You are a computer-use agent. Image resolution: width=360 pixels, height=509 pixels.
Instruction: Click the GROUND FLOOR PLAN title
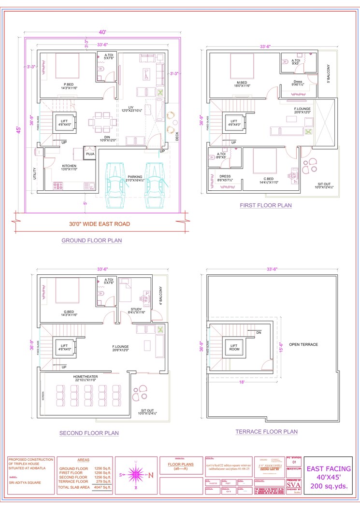(91, 240)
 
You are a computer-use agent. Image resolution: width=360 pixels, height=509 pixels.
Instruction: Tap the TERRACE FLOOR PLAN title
(266, 432)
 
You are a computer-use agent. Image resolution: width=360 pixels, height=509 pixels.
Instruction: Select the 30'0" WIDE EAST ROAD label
(99, 224)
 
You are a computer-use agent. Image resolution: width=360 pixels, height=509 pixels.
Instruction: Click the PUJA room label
(90, 154)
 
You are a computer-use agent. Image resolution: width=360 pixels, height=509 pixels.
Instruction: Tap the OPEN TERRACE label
(303, 344)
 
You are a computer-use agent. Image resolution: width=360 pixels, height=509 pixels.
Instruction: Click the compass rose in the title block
(136, 475)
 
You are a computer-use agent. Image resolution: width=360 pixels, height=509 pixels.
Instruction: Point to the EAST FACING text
(330, 468)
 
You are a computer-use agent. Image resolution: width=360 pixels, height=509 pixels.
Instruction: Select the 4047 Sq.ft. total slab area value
(102, 487)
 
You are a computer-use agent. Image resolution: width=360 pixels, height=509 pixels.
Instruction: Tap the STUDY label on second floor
(136, 309)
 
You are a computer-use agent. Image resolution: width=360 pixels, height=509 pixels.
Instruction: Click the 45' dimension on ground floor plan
(19, 130)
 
